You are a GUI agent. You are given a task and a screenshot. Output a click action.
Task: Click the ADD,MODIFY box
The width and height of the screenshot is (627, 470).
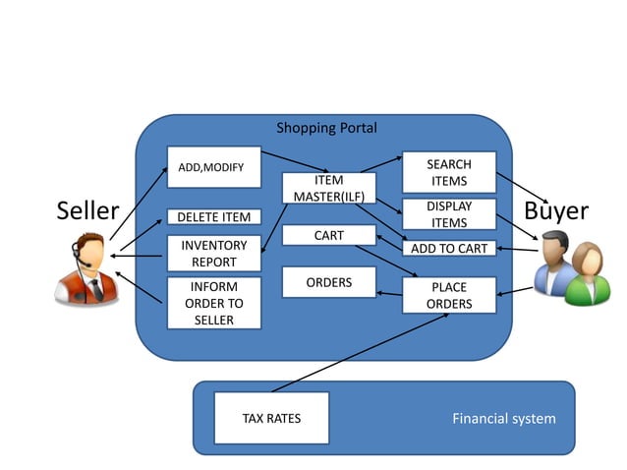[x=213, y=167]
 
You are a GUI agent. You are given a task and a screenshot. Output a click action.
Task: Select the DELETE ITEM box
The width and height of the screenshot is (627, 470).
[x=213, y=216]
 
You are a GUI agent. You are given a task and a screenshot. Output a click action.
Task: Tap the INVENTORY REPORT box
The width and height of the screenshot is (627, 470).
[x=213, y=254]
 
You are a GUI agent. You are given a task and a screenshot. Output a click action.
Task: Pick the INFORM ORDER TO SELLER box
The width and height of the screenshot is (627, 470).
[x=213, y=303]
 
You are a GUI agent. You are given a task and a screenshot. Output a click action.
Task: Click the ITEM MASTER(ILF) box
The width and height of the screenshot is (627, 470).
[x=328, y=189]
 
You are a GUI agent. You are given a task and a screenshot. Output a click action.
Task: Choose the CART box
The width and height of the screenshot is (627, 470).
[x=328, y=235]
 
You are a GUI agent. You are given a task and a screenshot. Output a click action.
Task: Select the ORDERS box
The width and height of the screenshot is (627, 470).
[x=328, y=282]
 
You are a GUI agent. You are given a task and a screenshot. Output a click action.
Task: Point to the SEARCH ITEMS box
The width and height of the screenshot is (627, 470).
[x=448, y=172]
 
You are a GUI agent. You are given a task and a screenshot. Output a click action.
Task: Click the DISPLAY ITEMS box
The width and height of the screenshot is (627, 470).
[x=448, y=214]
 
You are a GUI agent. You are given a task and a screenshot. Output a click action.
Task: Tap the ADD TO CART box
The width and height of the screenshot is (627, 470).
[x=448, y=248]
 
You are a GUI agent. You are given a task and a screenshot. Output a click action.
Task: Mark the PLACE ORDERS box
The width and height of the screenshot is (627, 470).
[x=448, y=295]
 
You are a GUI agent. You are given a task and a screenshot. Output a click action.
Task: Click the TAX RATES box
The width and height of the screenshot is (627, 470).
[x=271, y=418]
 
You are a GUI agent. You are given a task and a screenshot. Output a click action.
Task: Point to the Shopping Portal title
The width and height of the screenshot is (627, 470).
[x=326, y=128]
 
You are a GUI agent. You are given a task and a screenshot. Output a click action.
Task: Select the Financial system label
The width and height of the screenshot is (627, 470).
[x=503, y=418]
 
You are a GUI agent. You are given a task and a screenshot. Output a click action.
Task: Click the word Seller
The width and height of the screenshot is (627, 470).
[x=87, y=210]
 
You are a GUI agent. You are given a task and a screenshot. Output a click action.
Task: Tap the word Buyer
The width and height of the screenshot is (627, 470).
[x=556, y=210]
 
